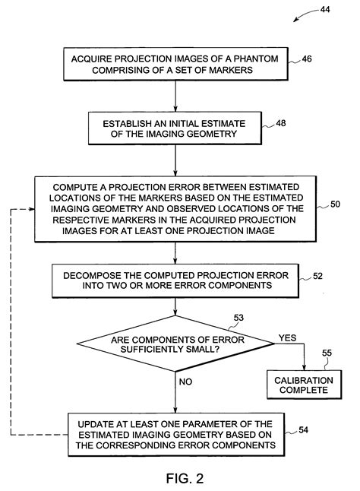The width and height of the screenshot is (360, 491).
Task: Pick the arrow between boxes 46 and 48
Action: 176,97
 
